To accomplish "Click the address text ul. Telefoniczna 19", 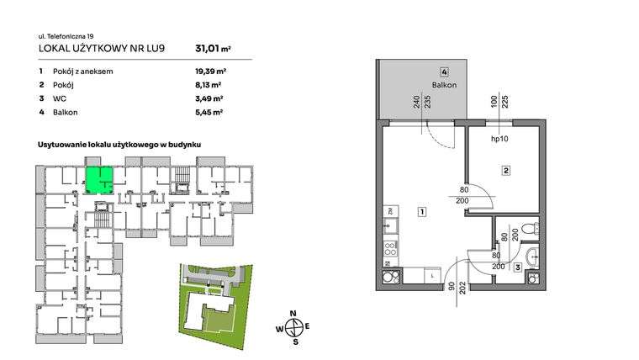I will coord(66,35).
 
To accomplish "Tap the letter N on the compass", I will coord(293,313).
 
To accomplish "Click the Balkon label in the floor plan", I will coord(443,85).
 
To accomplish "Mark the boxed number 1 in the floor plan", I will coord(421,212).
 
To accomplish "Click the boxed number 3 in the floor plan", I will coord(517,267).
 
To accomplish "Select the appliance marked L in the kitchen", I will coord(430,275).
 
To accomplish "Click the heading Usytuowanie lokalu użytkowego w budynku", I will coord(124,146).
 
